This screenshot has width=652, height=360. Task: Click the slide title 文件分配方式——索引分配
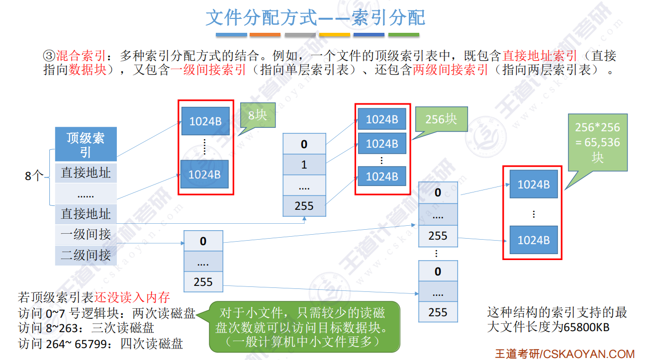point(315,18)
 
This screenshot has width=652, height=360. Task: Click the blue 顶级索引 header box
point(86,144)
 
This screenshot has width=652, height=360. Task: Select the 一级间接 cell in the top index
point(86,234)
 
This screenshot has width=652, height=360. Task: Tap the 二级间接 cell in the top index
point(86,255)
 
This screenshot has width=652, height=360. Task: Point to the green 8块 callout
point(257,116)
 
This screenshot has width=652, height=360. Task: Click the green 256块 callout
point(441,119)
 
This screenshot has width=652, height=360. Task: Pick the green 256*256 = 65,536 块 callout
point(597,142)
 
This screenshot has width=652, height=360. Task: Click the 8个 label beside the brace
point(35,176)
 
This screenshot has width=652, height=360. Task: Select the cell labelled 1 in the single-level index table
point(304,165)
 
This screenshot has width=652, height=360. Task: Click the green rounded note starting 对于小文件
point(302,327)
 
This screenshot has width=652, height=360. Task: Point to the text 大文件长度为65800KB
point(548,328)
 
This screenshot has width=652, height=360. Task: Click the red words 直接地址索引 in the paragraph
point(540,56)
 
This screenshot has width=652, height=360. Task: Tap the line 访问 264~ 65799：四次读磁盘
point(100,344)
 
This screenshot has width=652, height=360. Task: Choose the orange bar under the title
point(265,35)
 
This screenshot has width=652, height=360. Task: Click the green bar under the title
point(403,35)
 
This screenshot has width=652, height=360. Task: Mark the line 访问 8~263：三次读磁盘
point(86,328)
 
